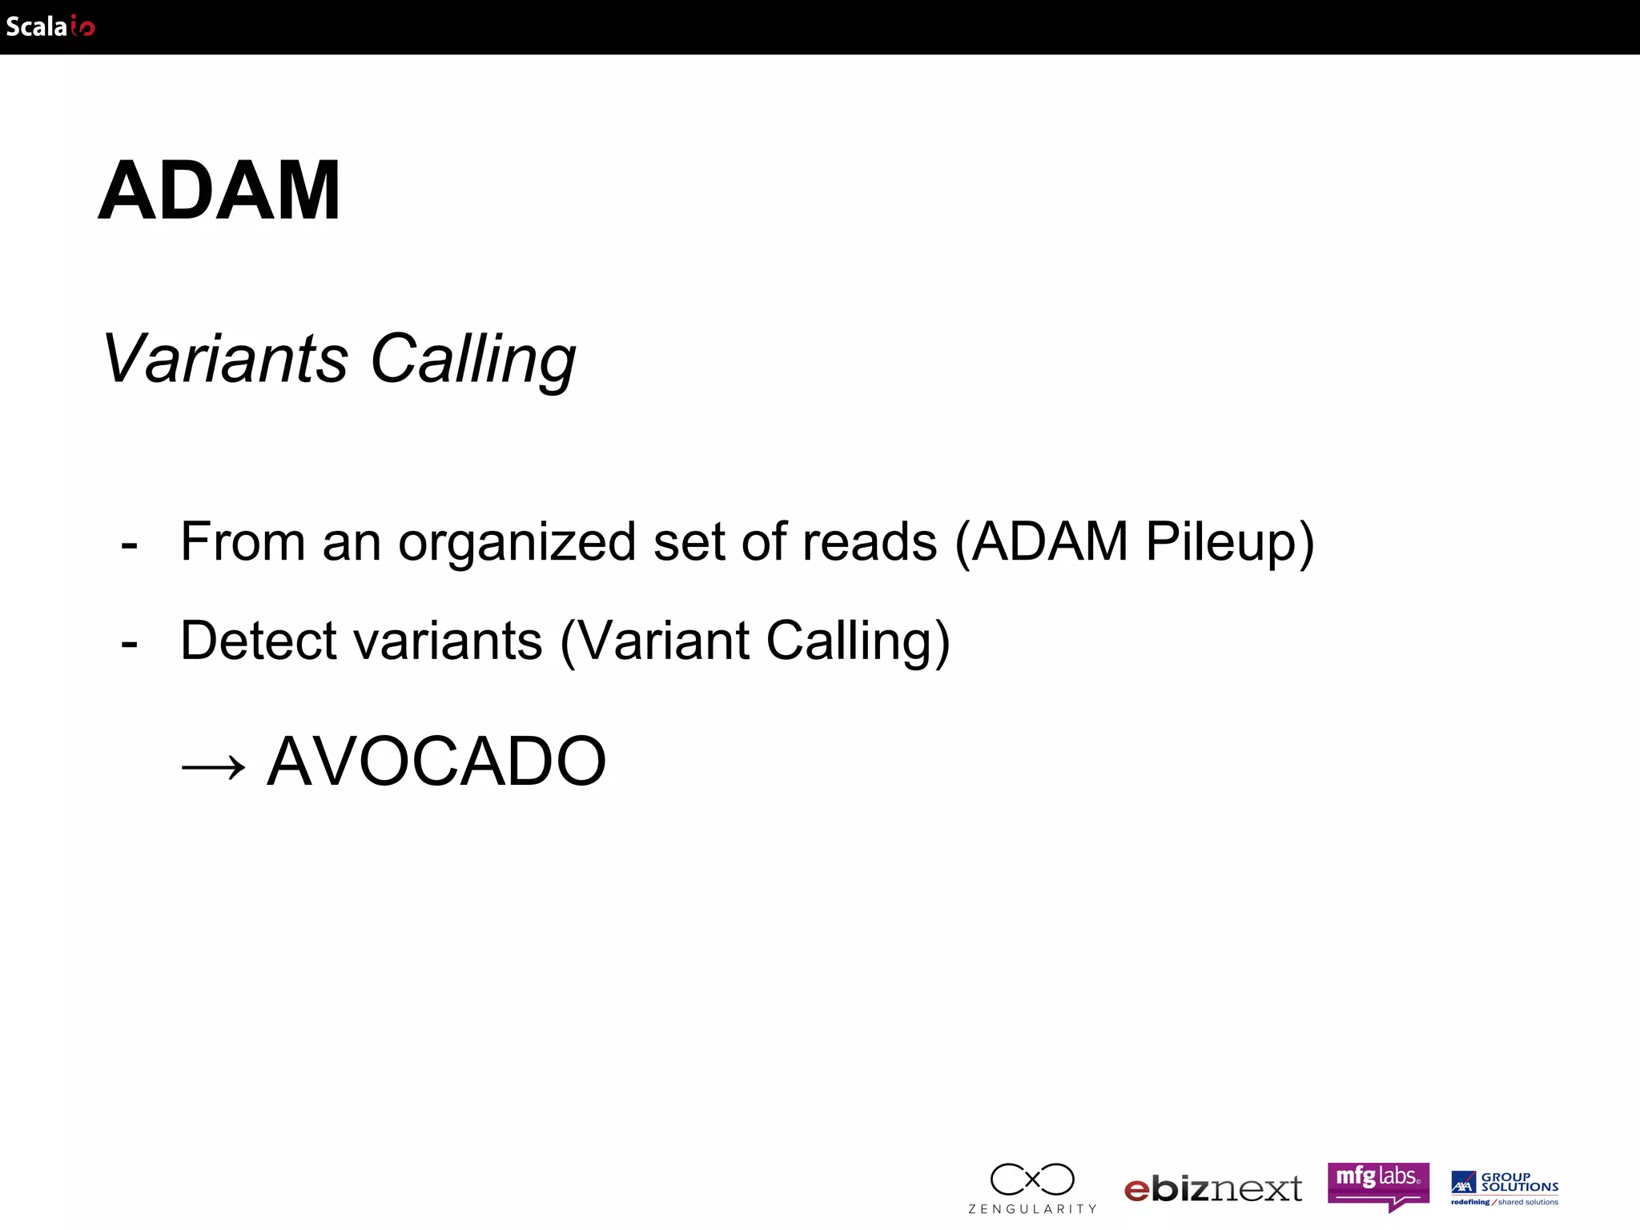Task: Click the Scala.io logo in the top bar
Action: coord(50,26)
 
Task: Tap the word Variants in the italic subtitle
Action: coord(225,358)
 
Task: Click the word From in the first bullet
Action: coord(243,542)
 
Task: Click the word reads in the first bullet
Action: coord(870,542)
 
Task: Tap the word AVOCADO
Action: coord(436,762)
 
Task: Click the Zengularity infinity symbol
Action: coord(1032,1179)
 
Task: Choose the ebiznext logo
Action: coord(1213,1189)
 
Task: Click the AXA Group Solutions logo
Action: coord(1505,1187)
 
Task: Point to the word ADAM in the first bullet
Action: coord(1050,542)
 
